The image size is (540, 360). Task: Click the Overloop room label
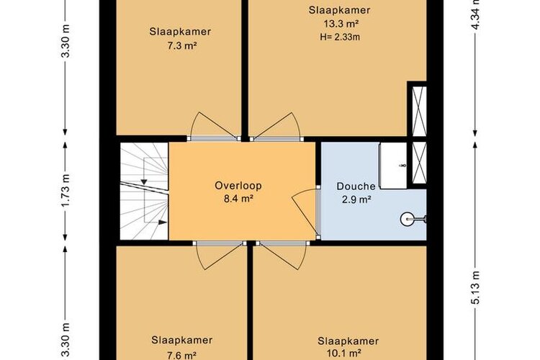coord(238,186)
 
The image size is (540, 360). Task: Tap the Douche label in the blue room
coord(356,186)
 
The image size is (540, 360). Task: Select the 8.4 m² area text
coord(238,199)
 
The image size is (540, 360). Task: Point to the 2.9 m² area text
coord(356,200)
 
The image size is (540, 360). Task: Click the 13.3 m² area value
coord(340,24)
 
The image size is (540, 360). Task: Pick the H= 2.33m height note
coord(340,37)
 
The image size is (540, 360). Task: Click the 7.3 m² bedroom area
coord(182,46)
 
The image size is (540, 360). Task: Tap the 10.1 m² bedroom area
coord(344,354)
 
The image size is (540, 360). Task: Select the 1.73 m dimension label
coord(66,191)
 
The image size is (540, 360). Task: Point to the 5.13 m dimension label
coord(475,288)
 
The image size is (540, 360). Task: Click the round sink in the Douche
coord(407,219)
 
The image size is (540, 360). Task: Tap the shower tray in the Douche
coord(393,166)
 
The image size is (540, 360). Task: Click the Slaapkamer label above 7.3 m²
coord(180,32)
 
